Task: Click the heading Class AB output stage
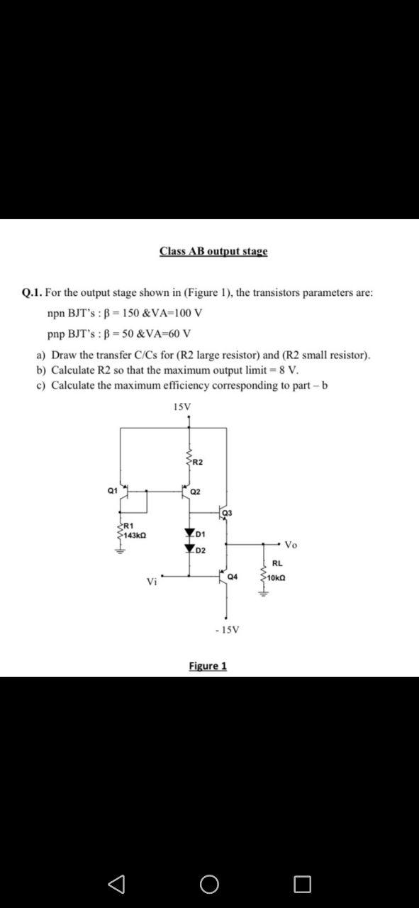[213, 251]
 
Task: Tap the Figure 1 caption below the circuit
[208, 665]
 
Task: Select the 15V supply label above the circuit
[181, 406]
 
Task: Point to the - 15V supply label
[227, 629]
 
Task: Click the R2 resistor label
[197, 463]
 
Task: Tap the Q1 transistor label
[112, 490]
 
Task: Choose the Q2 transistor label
[196, 492]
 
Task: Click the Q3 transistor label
[227, 512]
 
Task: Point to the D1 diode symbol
[189, 533]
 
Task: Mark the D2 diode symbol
[189, 549]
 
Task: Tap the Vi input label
[152, 582]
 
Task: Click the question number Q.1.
[33, 292]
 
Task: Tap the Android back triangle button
[115, 884]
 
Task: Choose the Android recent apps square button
[302, 884]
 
